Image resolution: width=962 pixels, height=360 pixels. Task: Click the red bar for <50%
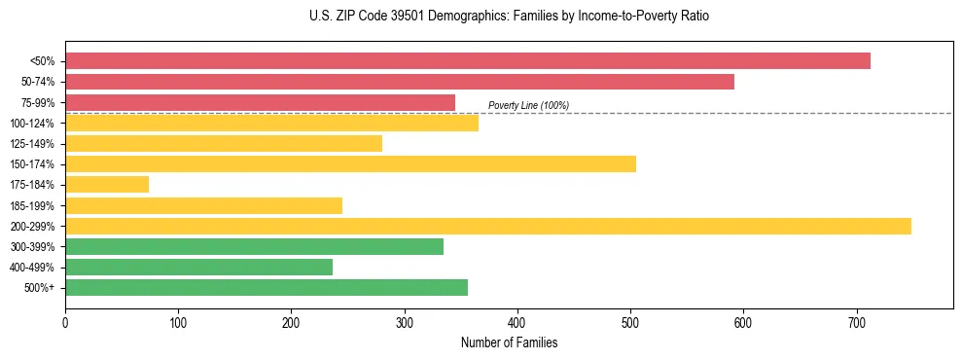pos(467,60)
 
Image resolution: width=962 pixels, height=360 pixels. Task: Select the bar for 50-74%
pos(399,82)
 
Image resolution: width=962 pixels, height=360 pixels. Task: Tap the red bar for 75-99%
pos(260,102)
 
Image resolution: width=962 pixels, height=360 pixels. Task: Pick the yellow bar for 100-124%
pos(271,123)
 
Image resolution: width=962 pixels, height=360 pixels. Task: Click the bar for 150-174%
pos(350,163)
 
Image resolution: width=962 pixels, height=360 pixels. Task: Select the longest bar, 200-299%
pos(487,226)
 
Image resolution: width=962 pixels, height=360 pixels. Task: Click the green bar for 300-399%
pos(254,246)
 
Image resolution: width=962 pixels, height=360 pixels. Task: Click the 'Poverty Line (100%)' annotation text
pos(528,105)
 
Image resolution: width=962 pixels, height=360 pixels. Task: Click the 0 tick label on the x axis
pos(65,323)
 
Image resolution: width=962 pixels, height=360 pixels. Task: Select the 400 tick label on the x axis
pos(517,323)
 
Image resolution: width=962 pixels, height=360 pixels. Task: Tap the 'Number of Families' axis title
pos(509,342)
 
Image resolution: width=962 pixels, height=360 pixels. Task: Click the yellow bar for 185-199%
pos(203,205)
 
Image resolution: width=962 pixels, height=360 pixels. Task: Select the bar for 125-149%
pos(224,143)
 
